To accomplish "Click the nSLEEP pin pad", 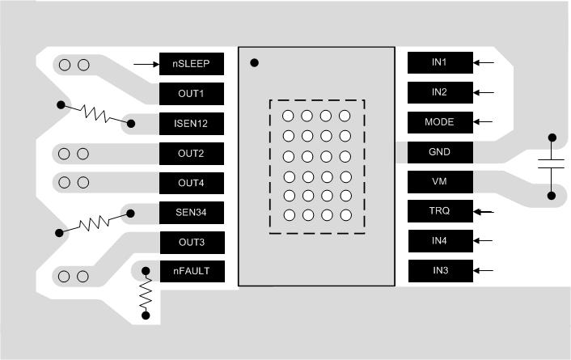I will (191, 63).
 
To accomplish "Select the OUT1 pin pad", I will (191, 94).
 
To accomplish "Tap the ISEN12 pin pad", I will (191, 124).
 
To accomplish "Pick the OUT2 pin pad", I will (191, 153).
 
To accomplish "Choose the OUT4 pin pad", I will (191, 183).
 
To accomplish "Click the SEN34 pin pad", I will (191, 213).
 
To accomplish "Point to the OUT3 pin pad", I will (191, 242).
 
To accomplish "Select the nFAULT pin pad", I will (191, 272).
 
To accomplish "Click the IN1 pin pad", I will (439, 62).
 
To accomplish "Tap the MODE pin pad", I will (439, 122).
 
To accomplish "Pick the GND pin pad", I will (439, 152).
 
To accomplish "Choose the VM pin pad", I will (439, 182).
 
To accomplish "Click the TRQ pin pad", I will (439, 212).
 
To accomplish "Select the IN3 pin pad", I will (439, 270).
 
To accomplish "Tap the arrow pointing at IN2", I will (484, 92).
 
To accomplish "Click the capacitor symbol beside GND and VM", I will (552, 166).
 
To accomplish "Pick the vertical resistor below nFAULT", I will (146, 294).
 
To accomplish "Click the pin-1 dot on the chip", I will (255, 62).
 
